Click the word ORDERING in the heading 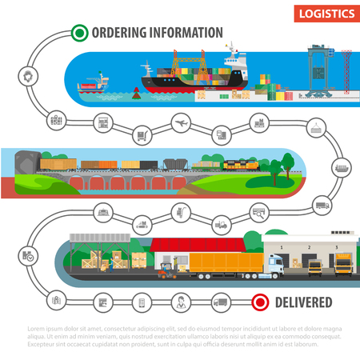click(119, 33)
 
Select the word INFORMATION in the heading click(186, 33)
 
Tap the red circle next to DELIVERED click(259, 302)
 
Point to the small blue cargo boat click(94, 86)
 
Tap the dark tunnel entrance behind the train click(24, 161)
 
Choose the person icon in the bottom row click(182, 302)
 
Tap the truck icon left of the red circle click(221, 302)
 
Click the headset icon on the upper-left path click(27, 77)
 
